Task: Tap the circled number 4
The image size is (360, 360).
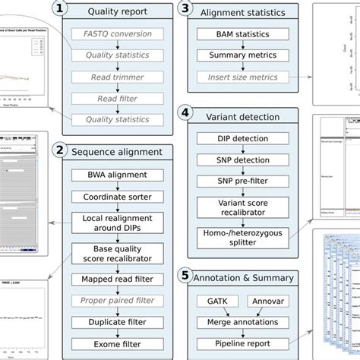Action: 185,115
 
